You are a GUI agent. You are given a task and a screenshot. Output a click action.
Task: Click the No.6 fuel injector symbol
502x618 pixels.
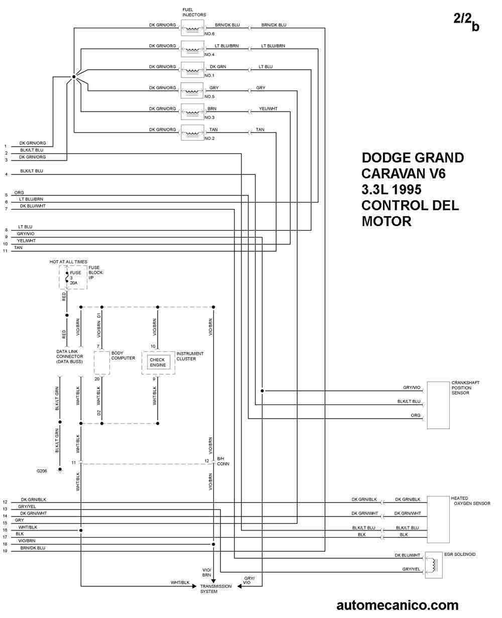192,28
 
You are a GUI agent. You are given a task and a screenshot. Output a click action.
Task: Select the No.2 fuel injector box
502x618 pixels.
192,133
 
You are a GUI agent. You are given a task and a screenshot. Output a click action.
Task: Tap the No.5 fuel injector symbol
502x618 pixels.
192,91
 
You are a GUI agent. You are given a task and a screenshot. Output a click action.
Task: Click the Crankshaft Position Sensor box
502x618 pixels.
438,405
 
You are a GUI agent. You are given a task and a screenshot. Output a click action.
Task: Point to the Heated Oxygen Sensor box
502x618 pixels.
438,520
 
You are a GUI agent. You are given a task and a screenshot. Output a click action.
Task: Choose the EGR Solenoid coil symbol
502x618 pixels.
434,565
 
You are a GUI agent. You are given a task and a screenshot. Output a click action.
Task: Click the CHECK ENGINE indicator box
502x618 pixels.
158,362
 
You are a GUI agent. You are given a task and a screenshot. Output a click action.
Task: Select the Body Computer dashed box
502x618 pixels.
102,363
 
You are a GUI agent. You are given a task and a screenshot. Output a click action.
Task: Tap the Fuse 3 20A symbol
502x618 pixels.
67,277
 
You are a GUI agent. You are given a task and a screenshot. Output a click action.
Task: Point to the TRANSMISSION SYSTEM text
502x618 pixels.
216,589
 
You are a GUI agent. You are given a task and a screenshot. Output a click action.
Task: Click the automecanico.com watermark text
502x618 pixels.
398,605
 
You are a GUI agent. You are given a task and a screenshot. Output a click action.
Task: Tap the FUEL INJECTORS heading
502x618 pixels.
194,12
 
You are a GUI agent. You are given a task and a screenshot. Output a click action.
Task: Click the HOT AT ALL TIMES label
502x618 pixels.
68,262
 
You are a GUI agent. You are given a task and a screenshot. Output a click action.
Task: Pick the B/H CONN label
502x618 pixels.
223,461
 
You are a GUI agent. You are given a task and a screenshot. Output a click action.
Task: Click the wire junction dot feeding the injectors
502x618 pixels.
74,77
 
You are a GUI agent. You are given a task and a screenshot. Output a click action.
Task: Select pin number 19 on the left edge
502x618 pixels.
5,551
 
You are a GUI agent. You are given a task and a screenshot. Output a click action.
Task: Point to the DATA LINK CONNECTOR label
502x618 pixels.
70,357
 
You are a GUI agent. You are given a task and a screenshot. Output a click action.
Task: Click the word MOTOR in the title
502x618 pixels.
387,222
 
